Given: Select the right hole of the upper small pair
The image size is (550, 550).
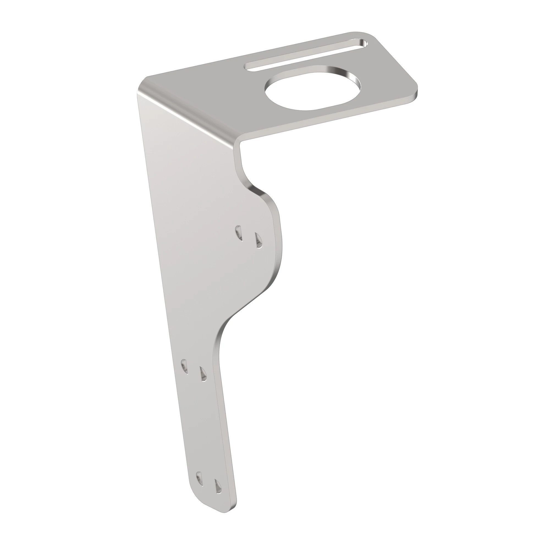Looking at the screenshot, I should pos(258,241).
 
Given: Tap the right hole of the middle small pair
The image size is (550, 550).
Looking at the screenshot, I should pos(203,373).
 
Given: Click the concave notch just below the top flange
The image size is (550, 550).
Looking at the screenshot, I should pos(244,174).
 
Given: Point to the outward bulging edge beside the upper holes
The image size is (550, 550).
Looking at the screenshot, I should pos(280,245).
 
